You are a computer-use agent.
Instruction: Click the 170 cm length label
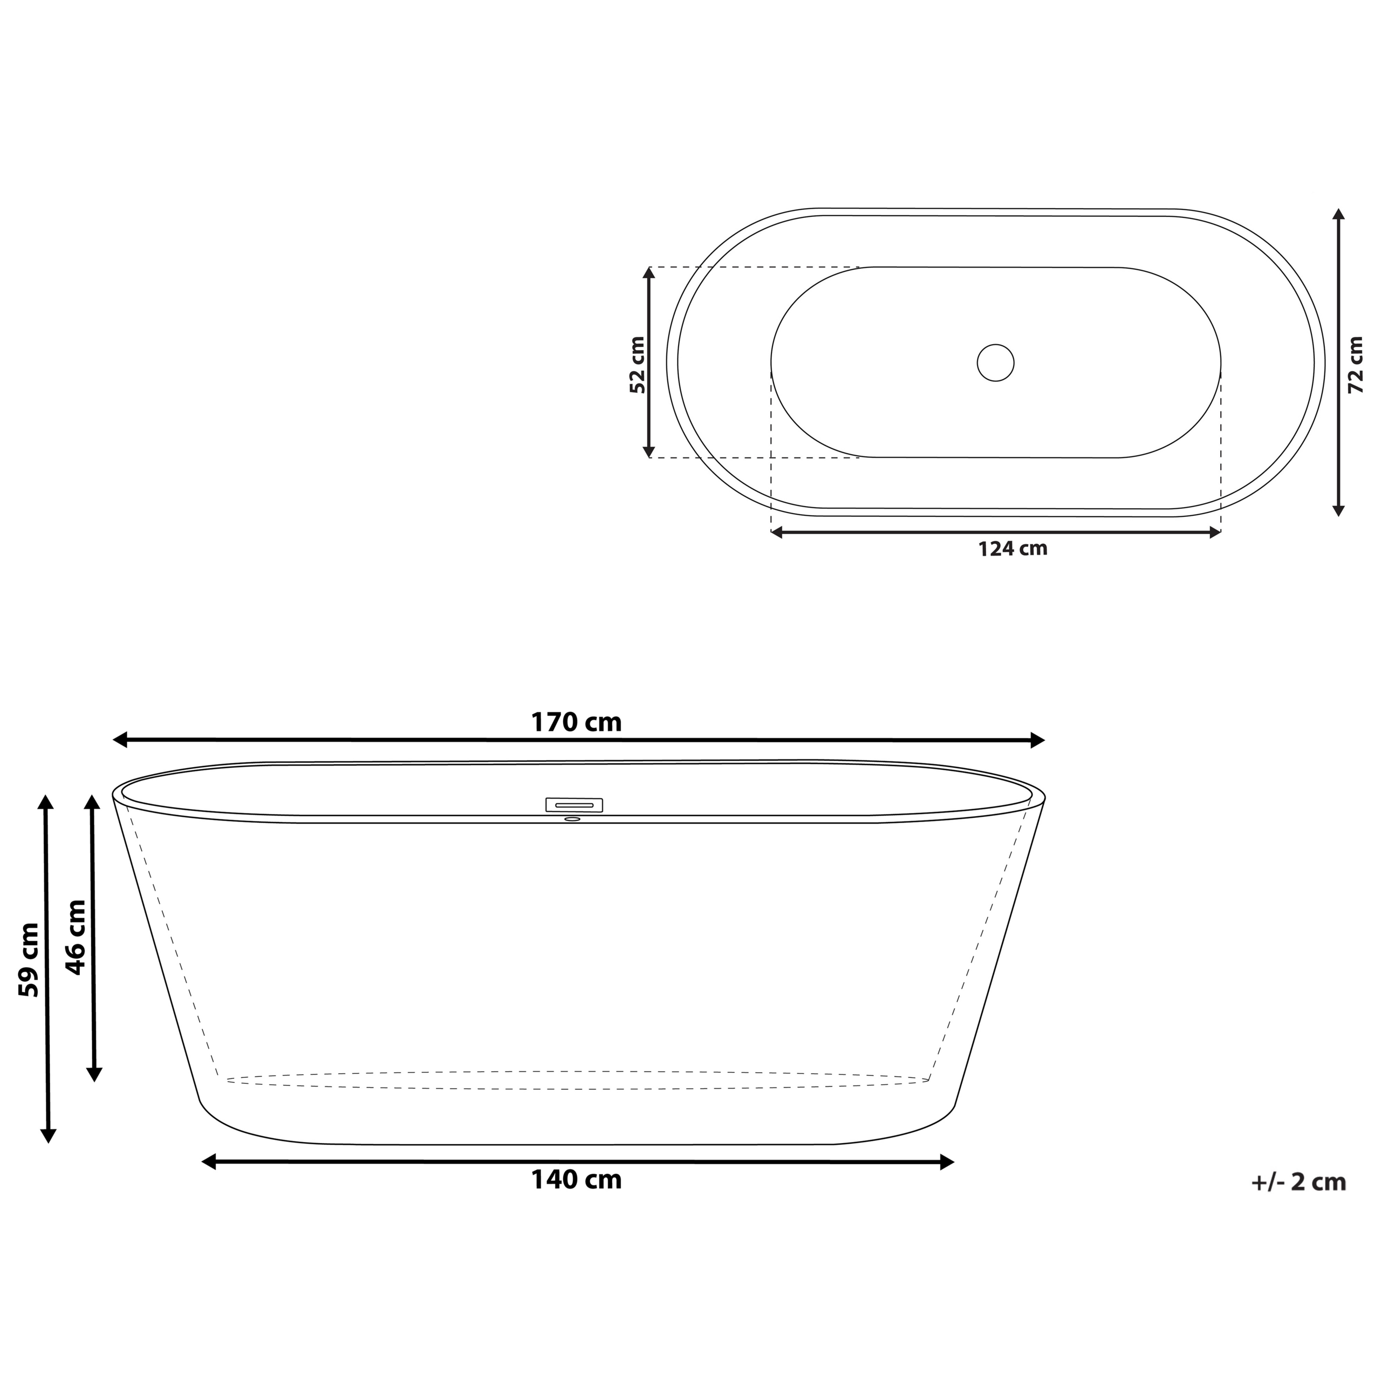click(576, 723)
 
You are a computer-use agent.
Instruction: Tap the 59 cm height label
click(29, 960)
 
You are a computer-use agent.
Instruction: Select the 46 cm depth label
click(75, 936)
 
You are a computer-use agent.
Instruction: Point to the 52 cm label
click(637, 365)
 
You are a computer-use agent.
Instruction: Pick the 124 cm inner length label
click(1012, 549)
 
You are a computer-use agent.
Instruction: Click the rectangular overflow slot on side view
click(574, 805)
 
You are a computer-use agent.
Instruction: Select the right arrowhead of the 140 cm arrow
click(947, 1163)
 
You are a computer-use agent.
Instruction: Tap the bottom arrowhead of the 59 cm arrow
click(48, 1135)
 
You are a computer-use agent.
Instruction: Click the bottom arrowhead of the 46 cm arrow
click(94, 1075)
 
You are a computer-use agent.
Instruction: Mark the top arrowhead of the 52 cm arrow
click(649, 273)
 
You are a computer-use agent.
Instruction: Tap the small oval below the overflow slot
click(572, 819)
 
